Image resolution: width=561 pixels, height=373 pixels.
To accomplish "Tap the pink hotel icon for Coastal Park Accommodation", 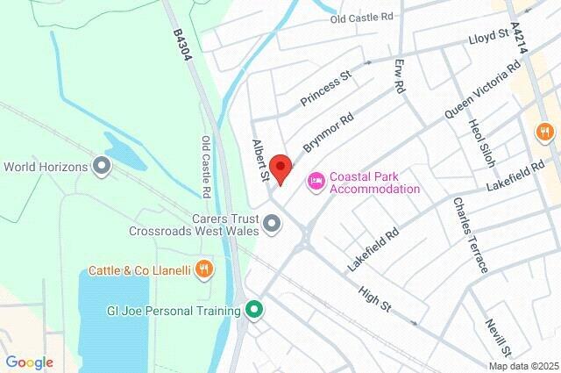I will coord(316,181).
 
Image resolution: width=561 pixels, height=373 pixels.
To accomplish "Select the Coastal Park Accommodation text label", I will coord(374,182).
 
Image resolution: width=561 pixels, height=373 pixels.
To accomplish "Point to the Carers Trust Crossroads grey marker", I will coord(273,224).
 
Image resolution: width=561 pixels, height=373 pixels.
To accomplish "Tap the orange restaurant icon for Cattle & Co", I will coord(204,269).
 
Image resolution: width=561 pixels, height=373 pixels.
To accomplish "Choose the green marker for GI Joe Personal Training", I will coord(254,310).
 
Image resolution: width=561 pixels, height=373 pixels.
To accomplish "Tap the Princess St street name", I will coord(325,89).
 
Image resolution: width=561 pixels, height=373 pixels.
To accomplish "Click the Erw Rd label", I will coord(400,75).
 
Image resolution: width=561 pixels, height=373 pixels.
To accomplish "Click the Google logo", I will coord(30,362).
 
